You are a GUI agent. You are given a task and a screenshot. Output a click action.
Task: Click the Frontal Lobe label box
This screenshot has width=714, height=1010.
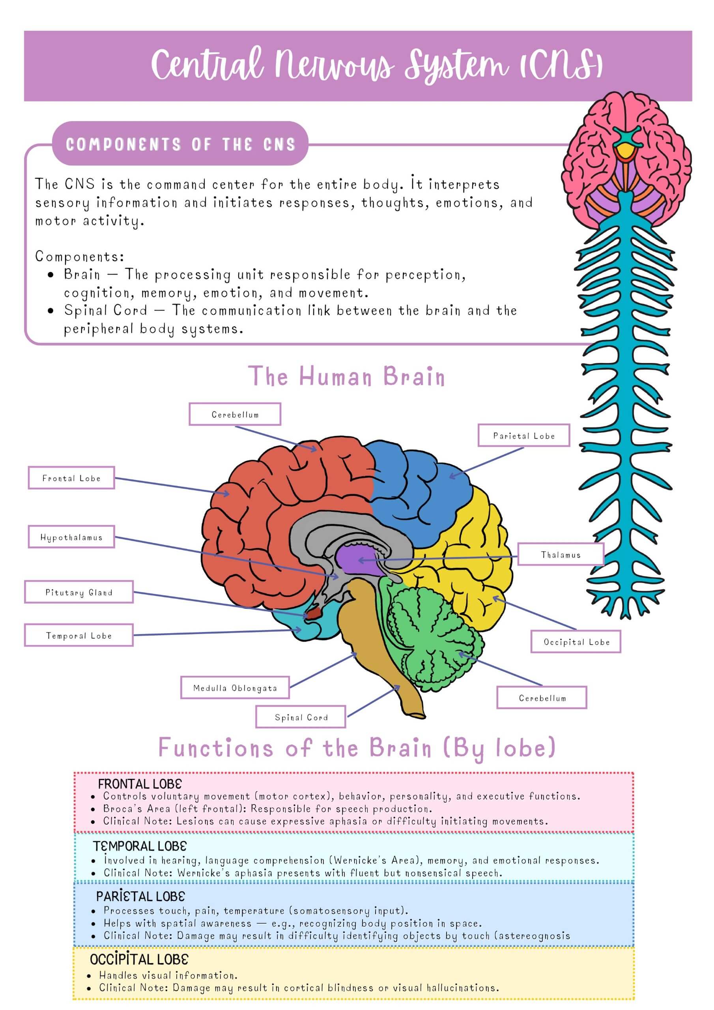[x=71, y=478]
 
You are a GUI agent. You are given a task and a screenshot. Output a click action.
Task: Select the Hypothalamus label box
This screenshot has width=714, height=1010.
[x=71, y=537]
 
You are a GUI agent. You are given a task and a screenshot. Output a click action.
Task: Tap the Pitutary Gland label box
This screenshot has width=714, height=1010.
[x=79, y=592]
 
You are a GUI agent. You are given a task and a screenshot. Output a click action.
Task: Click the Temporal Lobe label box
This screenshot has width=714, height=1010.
[x=79, y=635]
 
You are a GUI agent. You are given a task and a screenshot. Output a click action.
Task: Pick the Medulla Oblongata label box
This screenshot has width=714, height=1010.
[x=235, y=688]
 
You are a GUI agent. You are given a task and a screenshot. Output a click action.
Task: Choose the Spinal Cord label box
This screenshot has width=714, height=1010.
[x=301, y=717]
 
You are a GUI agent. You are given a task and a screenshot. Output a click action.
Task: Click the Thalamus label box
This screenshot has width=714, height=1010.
[x=561, y=555]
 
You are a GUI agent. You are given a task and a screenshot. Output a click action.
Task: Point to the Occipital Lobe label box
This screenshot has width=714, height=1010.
[x=576, y=642]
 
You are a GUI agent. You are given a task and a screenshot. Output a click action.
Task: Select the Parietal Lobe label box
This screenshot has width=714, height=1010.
[x=523, y=436]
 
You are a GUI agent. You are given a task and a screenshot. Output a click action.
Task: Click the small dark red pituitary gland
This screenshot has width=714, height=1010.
[x=313, y=613]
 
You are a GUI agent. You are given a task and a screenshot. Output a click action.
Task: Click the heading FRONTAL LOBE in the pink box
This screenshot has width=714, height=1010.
[x=140, y=784]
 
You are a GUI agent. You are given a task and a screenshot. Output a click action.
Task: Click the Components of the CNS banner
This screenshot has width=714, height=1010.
[x=180, y=144]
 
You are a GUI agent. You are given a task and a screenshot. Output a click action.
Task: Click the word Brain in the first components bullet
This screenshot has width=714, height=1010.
[x=82, y=275]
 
